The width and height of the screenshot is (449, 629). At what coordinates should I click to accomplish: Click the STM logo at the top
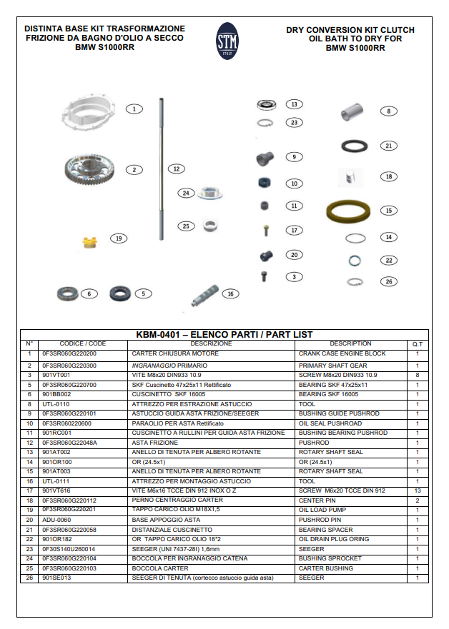(227, 41)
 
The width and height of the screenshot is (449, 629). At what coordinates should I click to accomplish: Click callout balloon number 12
(176, 169)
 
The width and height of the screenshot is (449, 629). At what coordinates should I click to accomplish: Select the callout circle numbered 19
(119, 238)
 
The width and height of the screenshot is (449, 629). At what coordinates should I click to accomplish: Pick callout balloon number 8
(388, 111)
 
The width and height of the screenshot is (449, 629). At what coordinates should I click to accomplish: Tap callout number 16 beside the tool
(230, 293)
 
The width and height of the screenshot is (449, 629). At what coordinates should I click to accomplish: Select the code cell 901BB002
(57, 394)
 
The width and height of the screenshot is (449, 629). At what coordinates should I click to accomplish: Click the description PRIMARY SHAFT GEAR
(332, 366)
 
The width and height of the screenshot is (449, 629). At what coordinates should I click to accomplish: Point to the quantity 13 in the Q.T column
(417, 491)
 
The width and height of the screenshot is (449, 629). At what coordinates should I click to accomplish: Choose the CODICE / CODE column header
(83, 344)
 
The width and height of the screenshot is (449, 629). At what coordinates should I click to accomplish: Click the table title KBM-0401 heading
(224, 334)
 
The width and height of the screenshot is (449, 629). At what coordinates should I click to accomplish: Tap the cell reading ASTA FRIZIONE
(155, 443)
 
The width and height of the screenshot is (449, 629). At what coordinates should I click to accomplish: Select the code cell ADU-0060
(56, 520)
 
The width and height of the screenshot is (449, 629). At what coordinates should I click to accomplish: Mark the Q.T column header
(417, 344)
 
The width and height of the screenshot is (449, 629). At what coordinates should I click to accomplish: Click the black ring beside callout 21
(352, 146)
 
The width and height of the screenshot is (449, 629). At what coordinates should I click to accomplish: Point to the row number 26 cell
(29, 578)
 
